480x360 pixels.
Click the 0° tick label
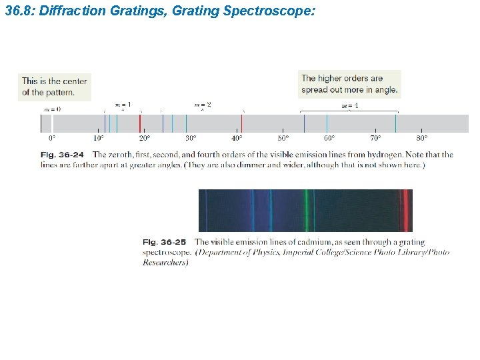[x=52, y=139]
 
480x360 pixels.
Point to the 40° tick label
[x=237, y=139]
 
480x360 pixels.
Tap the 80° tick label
[x=422, y=139]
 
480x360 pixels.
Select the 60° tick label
[x=329, y=139]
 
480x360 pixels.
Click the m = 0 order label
[x=52, y=109]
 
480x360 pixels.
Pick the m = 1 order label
[x=123, y=105]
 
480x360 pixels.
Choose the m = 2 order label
[x=203, y=105]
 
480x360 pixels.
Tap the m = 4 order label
[x=350, y=106]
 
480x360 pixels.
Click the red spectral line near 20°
[x=140, y=123]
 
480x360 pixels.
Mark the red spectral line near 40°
[x=241, y=123]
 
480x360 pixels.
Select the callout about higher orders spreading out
[x=349, y=84]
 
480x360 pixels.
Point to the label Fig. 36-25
[x=165, y=242]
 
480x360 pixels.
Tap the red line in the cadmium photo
[x=404, y=210]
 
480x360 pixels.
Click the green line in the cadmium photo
[x=307, y=210]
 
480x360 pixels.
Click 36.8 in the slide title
[x=17, y=11]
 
